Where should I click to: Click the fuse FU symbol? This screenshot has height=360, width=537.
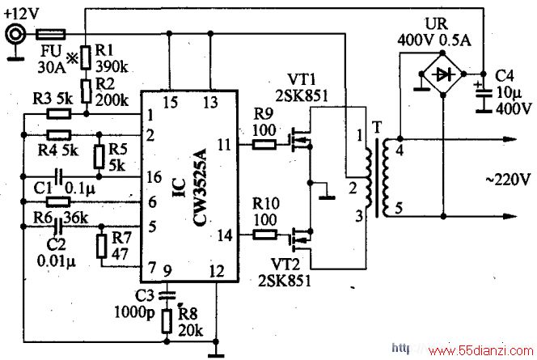[51, 34]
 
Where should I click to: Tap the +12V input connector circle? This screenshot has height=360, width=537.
[15, 34]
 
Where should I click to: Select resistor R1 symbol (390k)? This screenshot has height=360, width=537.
[86, 58]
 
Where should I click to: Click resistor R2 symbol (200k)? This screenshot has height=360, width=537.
[86, 91]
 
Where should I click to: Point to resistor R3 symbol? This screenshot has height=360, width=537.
[59, 114]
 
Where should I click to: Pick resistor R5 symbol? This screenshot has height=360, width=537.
[99, 157]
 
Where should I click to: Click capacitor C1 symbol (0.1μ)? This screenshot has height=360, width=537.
[59, 176]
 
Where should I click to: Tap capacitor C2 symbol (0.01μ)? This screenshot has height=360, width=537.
[58, 227]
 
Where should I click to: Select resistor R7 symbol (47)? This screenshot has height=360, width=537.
[101, 247]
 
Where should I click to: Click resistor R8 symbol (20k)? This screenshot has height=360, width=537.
[167, 321]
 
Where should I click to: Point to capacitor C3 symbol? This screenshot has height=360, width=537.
[167, 295]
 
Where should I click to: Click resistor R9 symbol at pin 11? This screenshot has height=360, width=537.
[264, 145]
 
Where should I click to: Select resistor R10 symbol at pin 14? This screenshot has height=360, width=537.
[264, 235]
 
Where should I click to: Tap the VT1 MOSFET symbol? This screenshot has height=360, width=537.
[301, 139]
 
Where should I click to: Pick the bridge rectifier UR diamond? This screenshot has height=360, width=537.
[443, 74]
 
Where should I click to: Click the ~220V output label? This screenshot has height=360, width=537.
[508, 179]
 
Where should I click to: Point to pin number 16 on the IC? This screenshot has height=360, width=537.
[154, 177]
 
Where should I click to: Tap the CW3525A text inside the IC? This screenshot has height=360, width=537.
[200, 188]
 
